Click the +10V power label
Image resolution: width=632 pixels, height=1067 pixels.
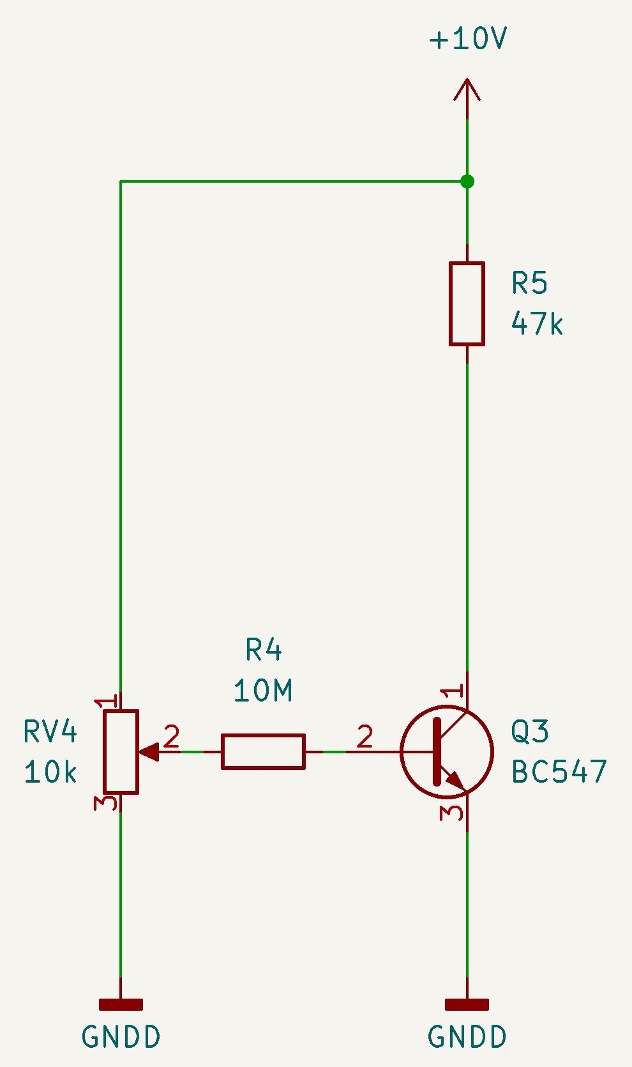click(x=468, y=38)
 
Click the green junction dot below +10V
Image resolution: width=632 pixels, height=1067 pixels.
click(x=467, y=181)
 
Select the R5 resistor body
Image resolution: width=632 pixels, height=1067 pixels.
click(x=467, y=303)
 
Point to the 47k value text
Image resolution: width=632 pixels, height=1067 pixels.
click(x=537, y=324)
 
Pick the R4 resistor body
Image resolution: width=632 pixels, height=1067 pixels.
click(x=263, y=751)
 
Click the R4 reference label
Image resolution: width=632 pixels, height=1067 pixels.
click(x=264, y=649)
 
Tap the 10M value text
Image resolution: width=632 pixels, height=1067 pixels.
click(x=263, y=690)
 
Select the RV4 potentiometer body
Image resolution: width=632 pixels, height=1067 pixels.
click(x=121, y=751)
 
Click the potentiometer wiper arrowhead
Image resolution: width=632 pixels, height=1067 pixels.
click(x=149, y=751)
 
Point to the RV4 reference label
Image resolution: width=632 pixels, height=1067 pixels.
click(x=50, y=731)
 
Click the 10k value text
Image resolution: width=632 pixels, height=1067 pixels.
click(x=50, y=772)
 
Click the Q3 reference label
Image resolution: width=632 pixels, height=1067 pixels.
click(x=530, y=731)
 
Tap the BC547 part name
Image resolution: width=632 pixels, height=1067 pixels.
click(x=559, y=772)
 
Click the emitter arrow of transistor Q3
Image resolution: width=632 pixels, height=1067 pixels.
click(x=454, y=779)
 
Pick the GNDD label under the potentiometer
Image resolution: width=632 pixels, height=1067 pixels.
click(x=121, y=1036)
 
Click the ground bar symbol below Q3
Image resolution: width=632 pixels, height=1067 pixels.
click(x=467, y=1004)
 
